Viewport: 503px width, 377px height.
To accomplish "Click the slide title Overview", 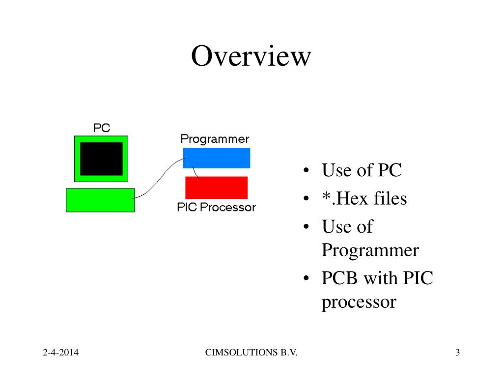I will click(x=251, y=56).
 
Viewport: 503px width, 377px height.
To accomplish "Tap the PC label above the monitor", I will click(x=102, y=128).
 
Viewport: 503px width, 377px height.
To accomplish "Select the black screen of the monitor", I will click(x=101, y=159).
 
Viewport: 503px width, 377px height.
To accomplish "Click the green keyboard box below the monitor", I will click(x=100, y=200).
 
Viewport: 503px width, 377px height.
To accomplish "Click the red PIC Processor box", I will click(x=216, y=188).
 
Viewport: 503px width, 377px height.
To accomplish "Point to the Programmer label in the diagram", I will click(x=215, y=139).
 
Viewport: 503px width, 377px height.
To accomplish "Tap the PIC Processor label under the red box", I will click(x=216, y=207).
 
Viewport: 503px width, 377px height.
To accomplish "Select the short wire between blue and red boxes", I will click(x=196, y=173).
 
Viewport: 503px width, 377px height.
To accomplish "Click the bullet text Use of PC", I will click(x=362, y=170).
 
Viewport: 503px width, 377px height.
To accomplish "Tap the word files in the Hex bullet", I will click(x=390, y=199).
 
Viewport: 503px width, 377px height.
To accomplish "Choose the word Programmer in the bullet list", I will click(x=370, y=250).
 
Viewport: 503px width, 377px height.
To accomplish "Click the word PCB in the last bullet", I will click(x=340, y=278).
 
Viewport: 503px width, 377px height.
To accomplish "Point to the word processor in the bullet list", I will click(x=359, y=301).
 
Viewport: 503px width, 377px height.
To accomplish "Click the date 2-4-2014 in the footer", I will click(x=61, y=352).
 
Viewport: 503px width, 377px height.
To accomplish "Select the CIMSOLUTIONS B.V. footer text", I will click(x=251, y=352).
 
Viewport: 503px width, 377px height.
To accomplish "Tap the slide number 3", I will click(x=457, y=352).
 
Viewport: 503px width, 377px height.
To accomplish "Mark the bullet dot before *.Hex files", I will click(x=306, y=199).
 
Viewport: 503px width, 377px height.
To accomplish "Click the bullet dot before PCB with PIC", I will click(x=306, y=279).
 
